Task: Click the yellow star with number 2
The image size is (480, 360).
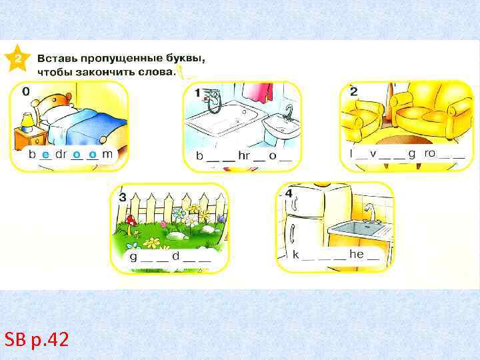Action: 17,58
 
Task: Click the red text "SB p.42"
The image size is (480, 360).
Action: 37,339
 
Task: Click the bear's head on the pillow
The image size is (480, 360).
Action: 57,101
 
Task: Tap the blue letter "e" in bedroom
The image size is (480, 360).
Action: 46,155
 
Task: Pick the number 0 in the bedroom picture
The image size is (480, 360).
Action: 26,91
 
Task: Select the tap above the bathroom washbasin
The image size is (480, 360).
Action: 289,112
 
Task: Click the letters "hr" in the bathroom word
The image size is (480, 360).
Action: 244,155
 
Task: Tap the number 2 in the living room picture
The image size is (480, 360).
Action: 353,91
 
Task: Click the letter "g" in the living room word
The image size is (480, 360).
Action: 412,154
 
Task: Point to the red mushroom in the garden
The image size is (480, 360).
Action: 131,223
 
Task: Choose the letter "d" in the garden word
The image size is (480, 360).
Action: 176,255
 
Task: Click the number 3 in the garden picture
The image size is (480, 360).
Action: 123,197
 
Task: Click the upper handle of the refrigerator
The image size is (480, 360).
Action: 295,203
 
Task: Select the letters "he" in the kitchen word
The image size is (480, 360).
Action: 357,254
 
